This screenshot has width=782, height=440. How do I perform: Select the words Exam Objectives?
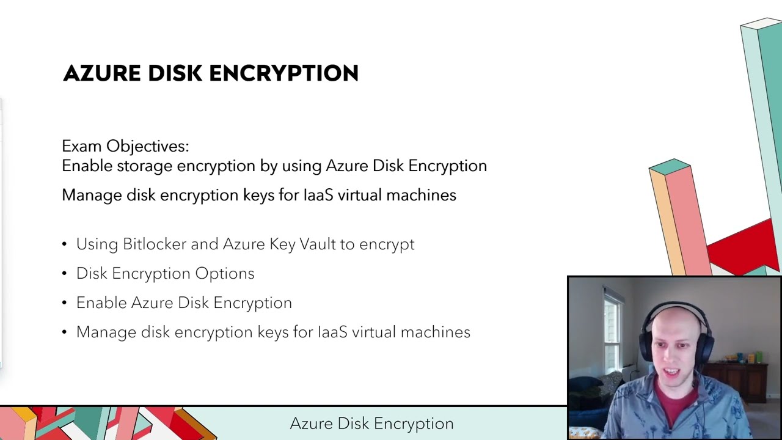coord(125,146)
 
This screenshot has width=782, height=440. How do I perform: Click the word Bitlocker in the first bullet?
coord(155,244)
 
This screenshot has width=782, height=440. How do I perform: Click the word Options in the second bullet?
coord(224,273)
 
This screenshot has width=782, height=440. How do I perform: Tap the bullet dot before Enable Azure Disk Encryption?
coord(65,303)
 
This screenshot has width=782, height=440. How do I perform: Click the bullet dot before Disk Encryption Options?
coord(65,274)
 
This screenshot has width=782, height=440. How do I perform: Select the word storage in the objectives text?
coord(145,166)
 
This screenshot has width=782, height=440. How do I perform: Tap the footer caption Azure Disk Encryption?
coord(371,424)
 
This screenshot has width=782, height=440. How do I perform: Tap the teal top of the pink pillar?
coord(670,166)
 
